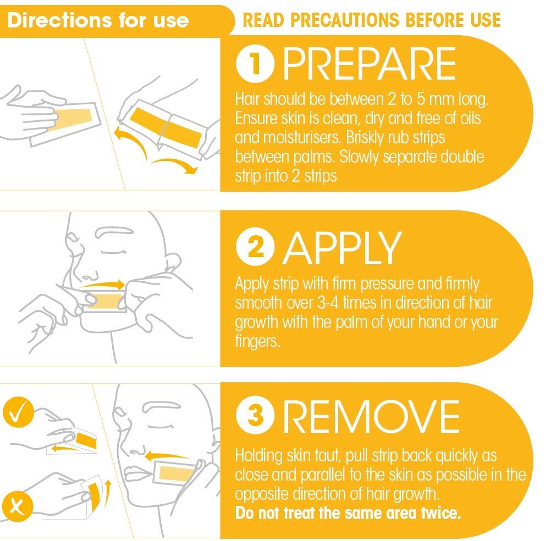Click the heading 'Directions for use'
(98, 20)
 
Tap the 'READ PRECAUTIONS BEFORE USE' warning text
(371, 20)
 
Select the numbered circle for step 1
(255, 64)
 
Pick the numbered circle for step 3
(255, 415)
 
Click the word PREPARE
(370, 64)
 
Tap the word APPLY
(342, 248)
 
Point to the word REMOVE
(371, 416)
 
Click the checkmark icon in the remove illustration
(18, 412)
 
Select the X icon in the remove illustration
(17, 506)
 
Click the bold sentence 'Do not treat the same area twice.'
(348, 513)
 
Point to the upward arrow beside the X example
(108, 494)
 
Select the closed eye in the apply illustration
(114, 252)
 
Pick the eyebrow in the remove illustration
(162, 406)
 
